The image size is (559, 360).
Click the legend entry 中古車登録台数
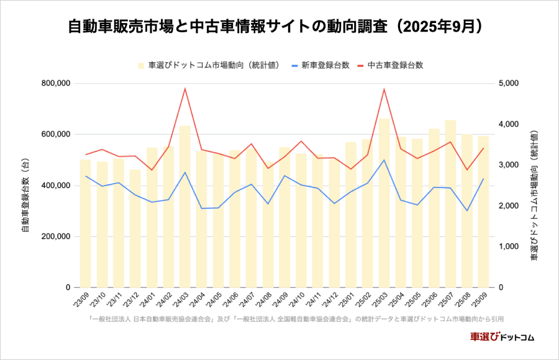coord(395,65)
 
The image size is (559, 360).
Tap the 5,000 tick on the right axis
coord(511,83)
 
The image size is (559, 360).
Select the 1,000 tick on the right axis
coord(511,246)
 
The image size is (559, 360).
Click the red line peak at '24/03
coord(185,88)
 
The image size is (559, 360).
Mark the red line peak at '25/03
coord(384,89)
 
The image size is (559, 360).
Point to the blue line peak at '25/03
coord(384,160)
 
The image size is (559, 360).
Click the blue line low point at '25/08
coord(467,210)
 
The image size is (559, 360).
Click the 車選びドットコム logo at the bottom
coord(502,336)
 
